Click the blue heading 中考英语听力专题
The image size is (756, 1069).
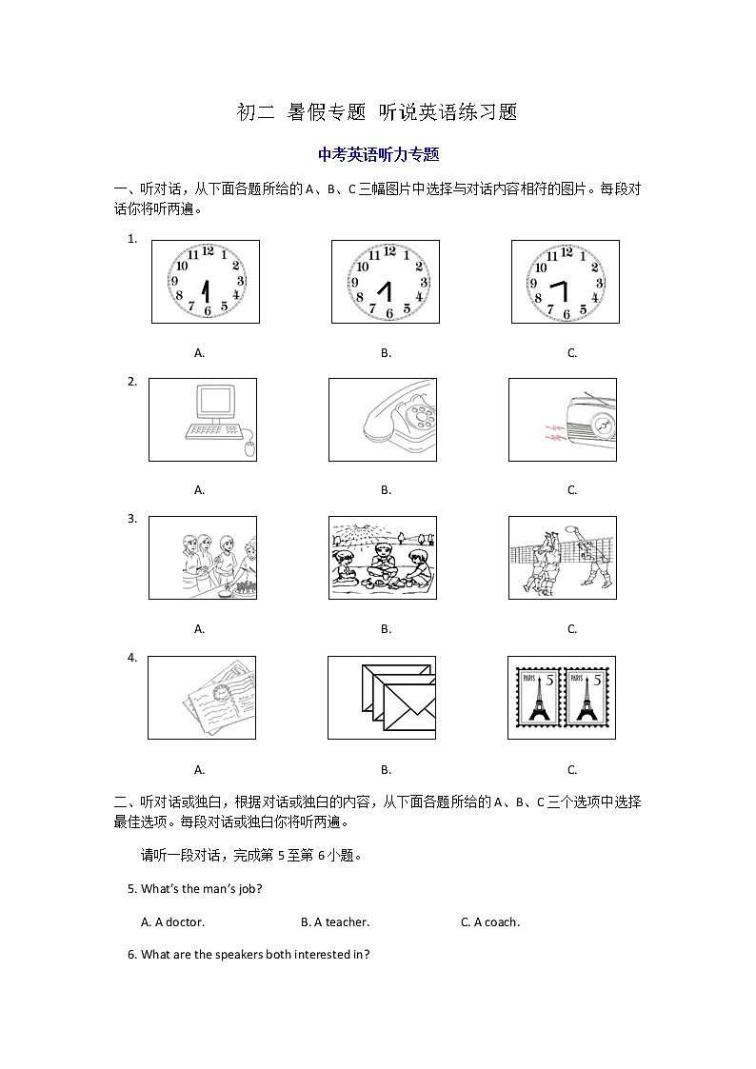pos(378,154)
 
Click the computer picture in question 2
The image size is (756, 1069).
pos(202,420)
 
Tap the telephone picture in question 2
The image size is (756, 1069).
pos(383,420)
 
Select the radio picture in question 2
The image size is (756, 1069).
pos(562,420)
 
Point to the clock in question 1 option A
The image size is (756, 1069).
pos(206,282)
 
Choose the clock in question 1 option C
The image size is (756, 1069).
pos(566,282)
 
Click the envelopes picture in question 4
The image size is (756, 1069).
pos(382,698)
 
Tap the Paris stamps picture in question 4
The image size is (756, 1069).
pos(562,698)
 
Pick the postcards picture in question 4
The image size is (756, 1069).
pos(202,698)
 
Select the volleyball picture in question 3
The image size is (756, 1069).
pos(562,558)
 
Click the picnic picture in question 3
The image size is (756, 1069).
pos(383,558)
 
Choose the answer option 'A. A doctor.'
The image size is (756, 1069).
pos(172,921)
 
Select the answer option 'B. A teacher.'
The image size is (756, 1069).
pos(334,921)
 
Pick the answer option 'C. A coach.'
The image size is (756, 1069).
pos(489,921)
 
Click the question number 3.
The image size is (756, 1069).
pos(132,519)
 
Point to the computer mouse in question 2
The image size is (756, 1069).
pos(249,449)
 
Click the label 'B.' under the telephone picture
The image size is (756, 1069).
pos(386,490)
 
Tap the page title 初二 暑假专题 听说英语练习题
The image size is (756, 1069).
pos(377,112)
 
